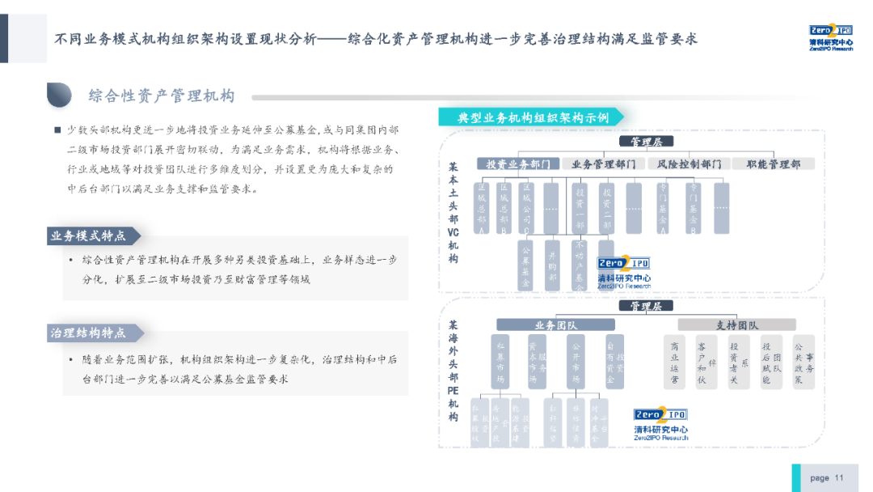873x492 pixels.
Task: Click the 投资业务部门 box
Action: pos(517,163)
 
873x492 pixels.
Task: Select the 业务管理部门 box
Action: pos(602,163)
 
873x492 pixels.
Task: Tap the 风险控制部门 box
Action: pos(690,163)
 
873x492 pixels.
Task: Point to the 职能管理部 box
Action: pos(774,163)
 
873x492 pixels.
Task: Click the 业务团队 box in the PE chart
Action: pos(556,325)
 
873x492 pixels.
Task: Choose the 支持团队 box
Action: pos(736,325)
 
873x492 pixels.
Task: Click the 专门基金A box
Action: pos(663,208)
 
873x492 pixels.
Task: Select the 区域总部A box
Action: pos(482,208)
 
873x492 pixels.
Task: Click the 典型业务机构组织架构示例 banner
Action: pos(532,117)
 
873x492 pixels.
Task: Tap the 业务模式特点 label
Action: pos(90,235)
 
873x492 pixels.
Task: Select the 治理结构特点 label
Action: pos(90,333)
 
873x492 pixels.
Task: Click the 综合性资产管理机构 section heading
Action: pos(162,96)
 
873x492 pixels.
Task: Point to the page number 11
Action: pos(838,477)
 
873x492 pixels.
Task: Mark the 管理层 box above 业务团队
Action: pos(646,306)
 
